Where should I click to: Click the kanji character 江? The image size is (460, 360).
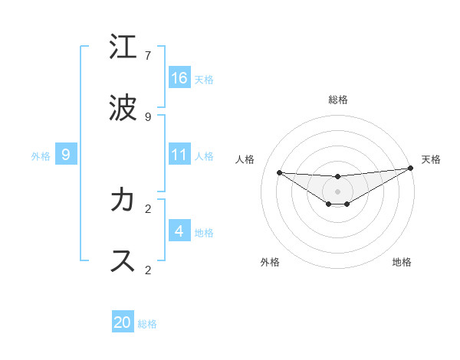coord(123,48)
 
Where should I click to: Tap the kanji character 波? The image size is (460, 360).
coord(123,109)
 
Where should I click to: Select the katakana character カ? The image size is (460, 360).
coord(123,200)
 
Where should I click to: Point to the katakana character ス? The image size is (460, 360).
coord(123,261)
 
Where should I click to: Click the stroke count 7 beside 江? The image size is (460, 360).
coord(148,56)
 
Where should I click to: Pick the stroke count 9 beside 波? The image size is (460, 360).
coord(148,117)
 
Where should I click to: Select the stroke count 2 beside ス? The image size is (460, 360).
coord(148,270)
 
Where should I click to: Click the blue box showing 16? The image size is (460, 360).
coord(179,78)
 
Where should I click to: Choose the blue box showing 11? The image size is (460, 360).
coord(179,155)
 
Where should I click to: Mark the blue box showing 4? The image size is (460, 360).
coord(179,231)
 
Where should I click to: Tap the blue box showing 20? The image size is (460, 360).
coord(123,322)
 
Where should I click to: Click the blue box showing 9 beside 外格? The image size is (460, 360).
coord(66,155)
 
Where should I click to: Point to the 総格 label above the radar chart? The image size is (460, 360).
coord(338,100)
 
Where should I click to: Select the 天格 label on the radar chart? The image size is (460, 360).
coord(431,159)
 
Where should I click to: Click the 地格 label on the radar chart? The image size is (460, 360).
coord(402,262)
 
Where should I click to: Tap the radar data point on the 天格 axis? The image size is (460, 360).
coord(411,169)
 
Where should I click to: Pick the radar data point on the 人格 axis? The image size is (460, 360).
coord(280,172)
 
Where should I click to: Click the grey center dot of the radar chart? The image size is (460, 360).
coord(338,191)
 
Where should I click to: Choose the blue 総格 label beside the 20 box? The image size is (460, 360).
coord(147,324)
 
